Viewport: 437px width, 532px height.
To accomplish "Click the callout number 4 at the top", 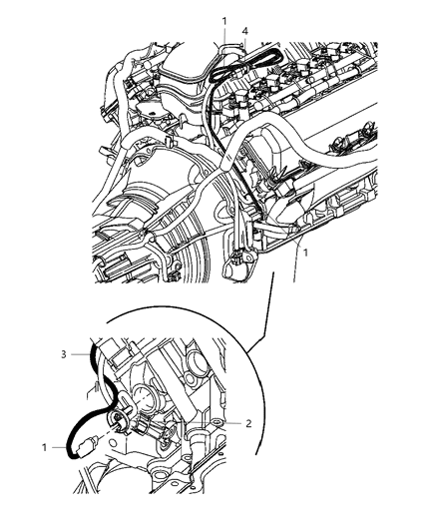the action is pyautogui.click(x=244, y=31).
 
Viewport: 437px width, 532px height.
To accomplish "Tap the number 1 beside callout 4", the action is pyautogui.click(x=224, y=21).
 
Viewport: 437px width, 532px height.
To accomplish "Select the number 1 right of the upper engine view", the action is pyautogui.click(x=305, y=253).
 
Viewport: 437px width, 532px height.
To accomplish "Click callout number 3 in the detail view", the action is pyautogui.click(x=64, y=354).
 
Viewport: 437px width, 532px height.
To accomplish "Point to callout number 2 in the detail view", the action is pyautogui.click(x=248, y=423).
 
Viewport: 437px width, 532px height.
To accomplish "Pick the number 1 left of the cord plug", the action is pyautogui.click(x=45, y=447).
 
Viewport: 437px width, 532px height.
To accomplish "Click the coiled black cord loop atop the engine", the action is pyautogui.click(x=243, y=66).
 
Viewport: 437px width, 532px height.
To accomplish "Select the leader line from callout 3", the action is pyautogui.click(x=81, y=354).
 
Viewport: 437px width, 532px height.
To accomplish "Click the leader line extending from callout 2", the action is pyautogui.click(x=197, y=423).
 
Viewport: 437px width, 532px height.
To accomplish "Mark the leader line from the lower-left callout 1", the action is pyautogui.click(x=60, y=448).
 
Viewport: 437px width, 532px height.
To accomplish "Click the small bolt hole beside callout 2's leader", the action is pyautogui.click(x=218, y=422).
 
